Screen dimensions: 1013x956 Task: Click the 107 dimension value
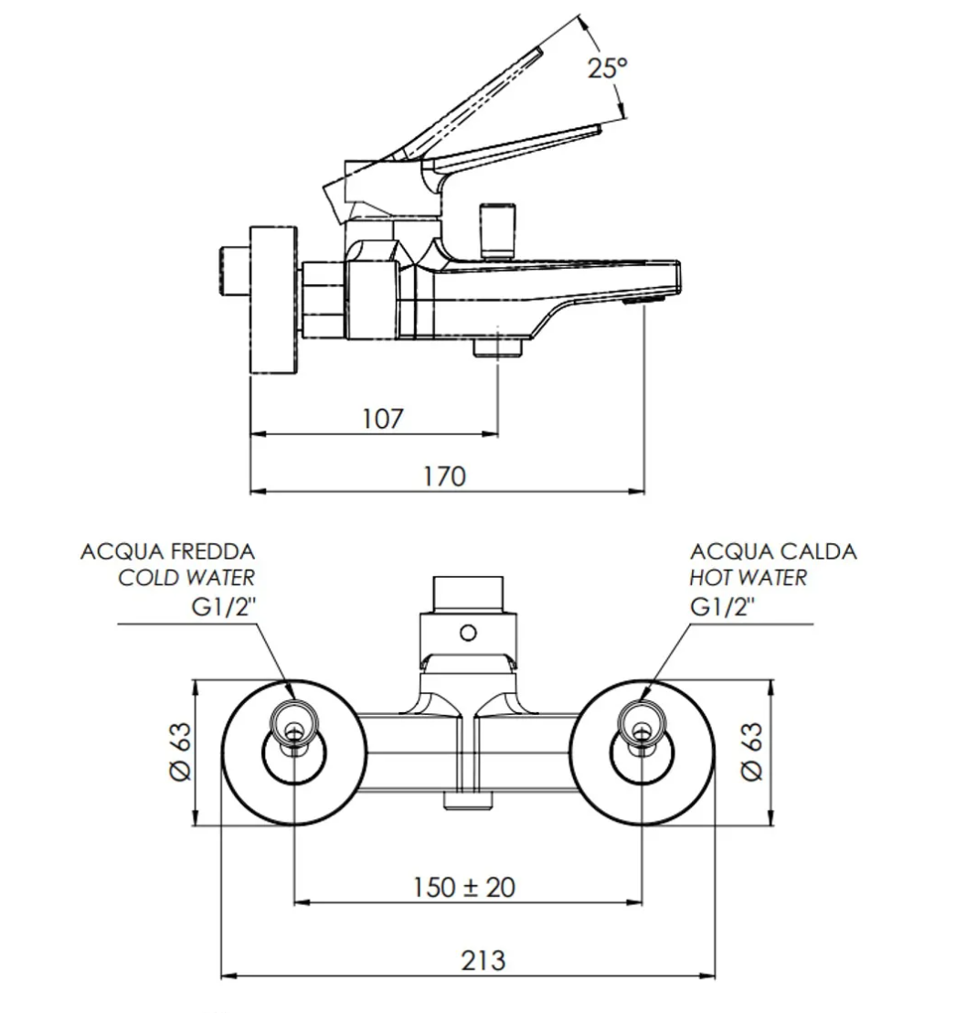[382, 419]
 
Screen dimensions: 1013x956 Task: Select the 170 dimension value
[444, 476]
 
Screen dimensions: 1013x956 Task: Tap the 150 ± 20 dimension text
[463, 887]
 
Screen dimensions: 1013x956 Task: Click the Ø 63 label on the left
[180, 752]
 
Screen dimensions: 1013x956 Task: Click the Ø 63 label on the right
[751, 752]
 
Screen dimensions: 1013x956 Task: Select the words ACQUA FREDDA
[167, 551]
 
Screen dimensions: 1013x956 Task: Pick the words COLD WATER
[186, 578]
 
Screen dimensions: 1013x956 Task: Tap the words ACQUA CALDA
[773, 551]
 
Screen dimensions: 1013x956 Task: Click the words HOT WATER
[749, 578]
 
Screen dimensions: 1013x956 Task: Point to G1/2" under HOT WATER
[723, 605]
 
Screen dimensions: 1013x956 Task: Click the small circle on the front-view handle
[468, 632]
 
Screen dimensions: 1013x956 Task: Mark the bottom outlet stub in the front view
[468, 800]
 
